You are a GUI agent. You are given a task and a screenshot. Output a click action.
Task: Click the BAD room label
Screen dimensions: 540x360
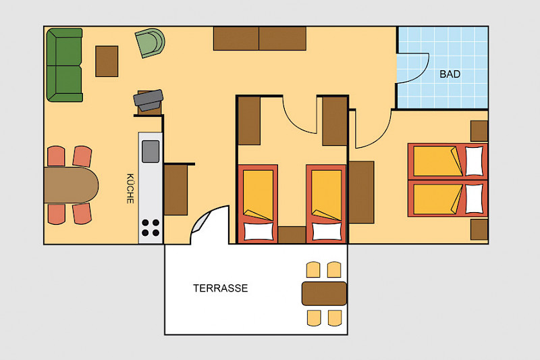[450, 74]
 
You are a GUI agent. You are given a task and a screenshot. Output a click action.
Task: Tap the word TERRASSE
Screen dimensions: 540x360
[221, 288]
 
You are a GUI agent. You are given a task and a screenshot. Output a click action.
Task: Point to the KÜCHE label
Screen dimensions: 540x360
[130, 188]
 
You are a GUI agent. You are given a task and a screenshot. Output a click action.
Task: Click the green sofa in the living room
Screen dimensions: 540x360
[64, 65]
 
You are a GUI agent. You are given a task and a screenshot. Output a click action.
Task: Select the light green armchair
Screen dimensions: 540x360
[150, 43]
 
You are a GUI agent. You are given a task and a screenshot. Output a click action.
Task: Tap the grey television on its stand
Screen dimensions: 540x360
[148, 100]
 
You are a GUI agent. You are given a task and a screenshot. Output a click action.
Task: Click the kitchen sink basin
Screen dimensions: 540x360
[151, 151]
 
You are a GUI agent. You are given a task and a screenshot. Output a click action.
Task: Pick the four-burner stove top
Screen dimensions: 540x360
[151, 228]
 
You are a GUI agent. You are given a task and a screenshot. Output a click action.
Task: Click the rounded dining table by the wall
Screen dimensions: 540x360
[72, 185]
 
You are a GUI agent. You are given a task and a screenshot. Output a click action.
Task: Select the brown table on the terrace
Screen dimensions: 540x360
[324, 294]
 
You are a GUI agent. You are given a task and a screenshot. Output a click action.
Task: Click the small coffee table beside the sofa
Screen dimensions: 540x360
[107, 61]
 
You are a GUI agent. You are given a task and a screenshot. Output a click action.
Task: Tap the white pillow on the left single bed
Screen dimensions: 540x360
[259, 231]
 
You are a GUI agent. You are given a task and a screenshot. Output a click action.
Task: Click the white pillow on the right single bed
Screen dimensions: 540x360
[327, 231]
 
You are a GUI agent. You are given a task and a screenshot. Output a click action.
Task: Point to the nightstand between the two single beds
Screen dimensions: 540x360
[292, 235]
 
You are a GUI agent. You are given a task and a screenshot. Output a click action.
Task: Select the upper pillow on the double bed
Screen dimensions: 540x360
[475, 161]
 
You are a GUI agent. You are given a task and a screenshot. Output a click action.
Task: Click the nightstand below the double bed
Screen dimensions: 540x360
[479, 230]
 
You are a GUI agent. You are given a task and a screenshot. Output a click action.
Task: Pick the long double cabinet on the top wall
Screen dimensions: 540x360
[260, 38]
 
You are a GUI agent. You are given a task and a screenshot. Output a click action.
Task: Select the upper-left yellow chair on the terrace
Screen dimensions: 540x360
[313, 269]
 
